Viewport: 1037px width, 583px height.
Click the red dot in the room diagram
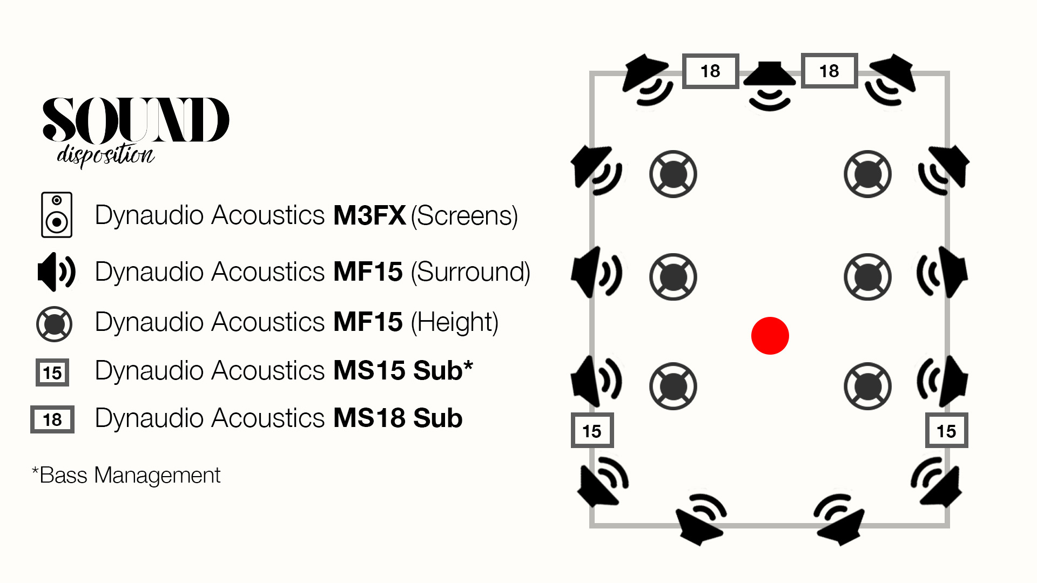coord(770,336)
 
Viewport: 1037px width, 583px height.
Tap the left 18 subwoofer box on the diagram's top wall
coord(710,71)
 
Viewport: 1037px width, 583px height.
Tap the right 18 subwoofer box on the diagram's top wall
coord(829,71)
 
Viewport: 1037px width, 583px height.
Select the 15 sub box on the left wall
coord(592,431)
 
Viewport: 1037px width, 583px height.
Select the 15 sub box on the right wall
coord(946,431)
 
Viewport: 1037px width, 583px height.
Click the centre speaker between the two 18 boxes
coord(770,84)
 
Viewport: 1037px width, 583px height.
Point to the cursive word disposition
coord(106,155)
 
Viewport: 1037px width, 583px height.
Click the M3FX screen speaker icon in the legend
coord(57,215)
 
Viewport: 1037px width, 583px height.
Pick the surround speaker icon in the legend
coord(56,272)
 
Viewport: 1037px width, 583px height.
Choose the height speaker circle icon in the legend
coord(54,324)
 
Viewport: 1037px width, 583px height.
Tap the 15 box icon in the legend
coord(52,372)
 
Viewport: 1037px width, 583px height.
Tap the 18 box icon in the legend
coord(52,419)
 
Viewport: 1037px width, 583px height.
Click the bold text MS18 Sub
coord(398,418)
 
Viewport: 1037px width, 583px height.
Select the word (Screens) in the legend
coord(464,216)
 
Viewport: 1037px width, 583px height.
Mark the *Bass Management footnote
coord(126,476)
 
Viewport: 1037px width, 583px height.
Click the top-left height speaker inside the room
coord(673,174)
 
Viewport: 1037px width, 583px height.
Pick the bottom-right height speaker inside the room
coord(867,386)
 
